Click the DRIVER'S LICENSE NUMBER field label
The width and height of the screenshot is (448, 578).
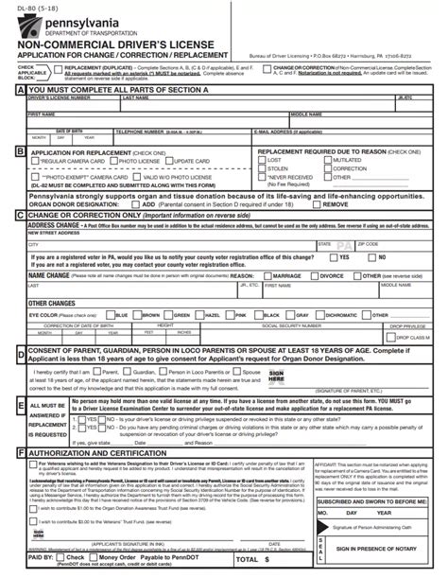click(x=53, y=97)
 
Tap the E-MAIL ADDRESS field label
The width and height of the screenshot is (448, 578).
click(x=276, y=131)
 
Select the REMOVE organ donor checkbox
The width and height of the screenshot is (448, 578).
click(x=319, y=203)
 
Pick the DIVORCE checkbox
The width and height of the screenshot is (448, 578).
click(x=314, y=276)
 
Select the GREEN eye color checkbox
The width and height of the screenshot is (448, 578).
click(x=172, y=314)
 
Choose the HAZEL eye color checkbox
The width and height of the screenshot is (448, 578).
click(x=201, y=314)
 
